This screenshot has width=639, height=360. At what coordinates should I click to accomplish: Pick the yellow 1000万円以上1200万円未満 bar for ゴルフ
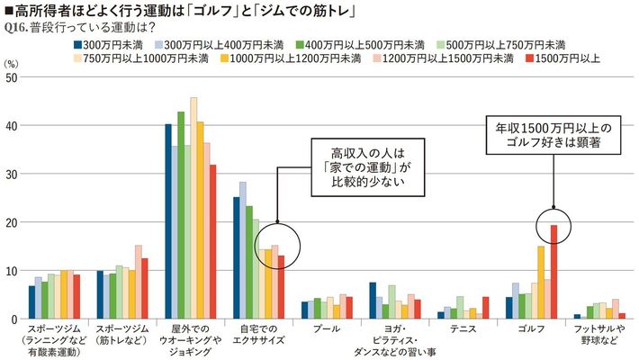tap(541, 283)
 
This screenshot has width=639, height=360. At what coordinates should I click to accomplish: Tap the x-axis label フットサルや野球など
tap(598, 336)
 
